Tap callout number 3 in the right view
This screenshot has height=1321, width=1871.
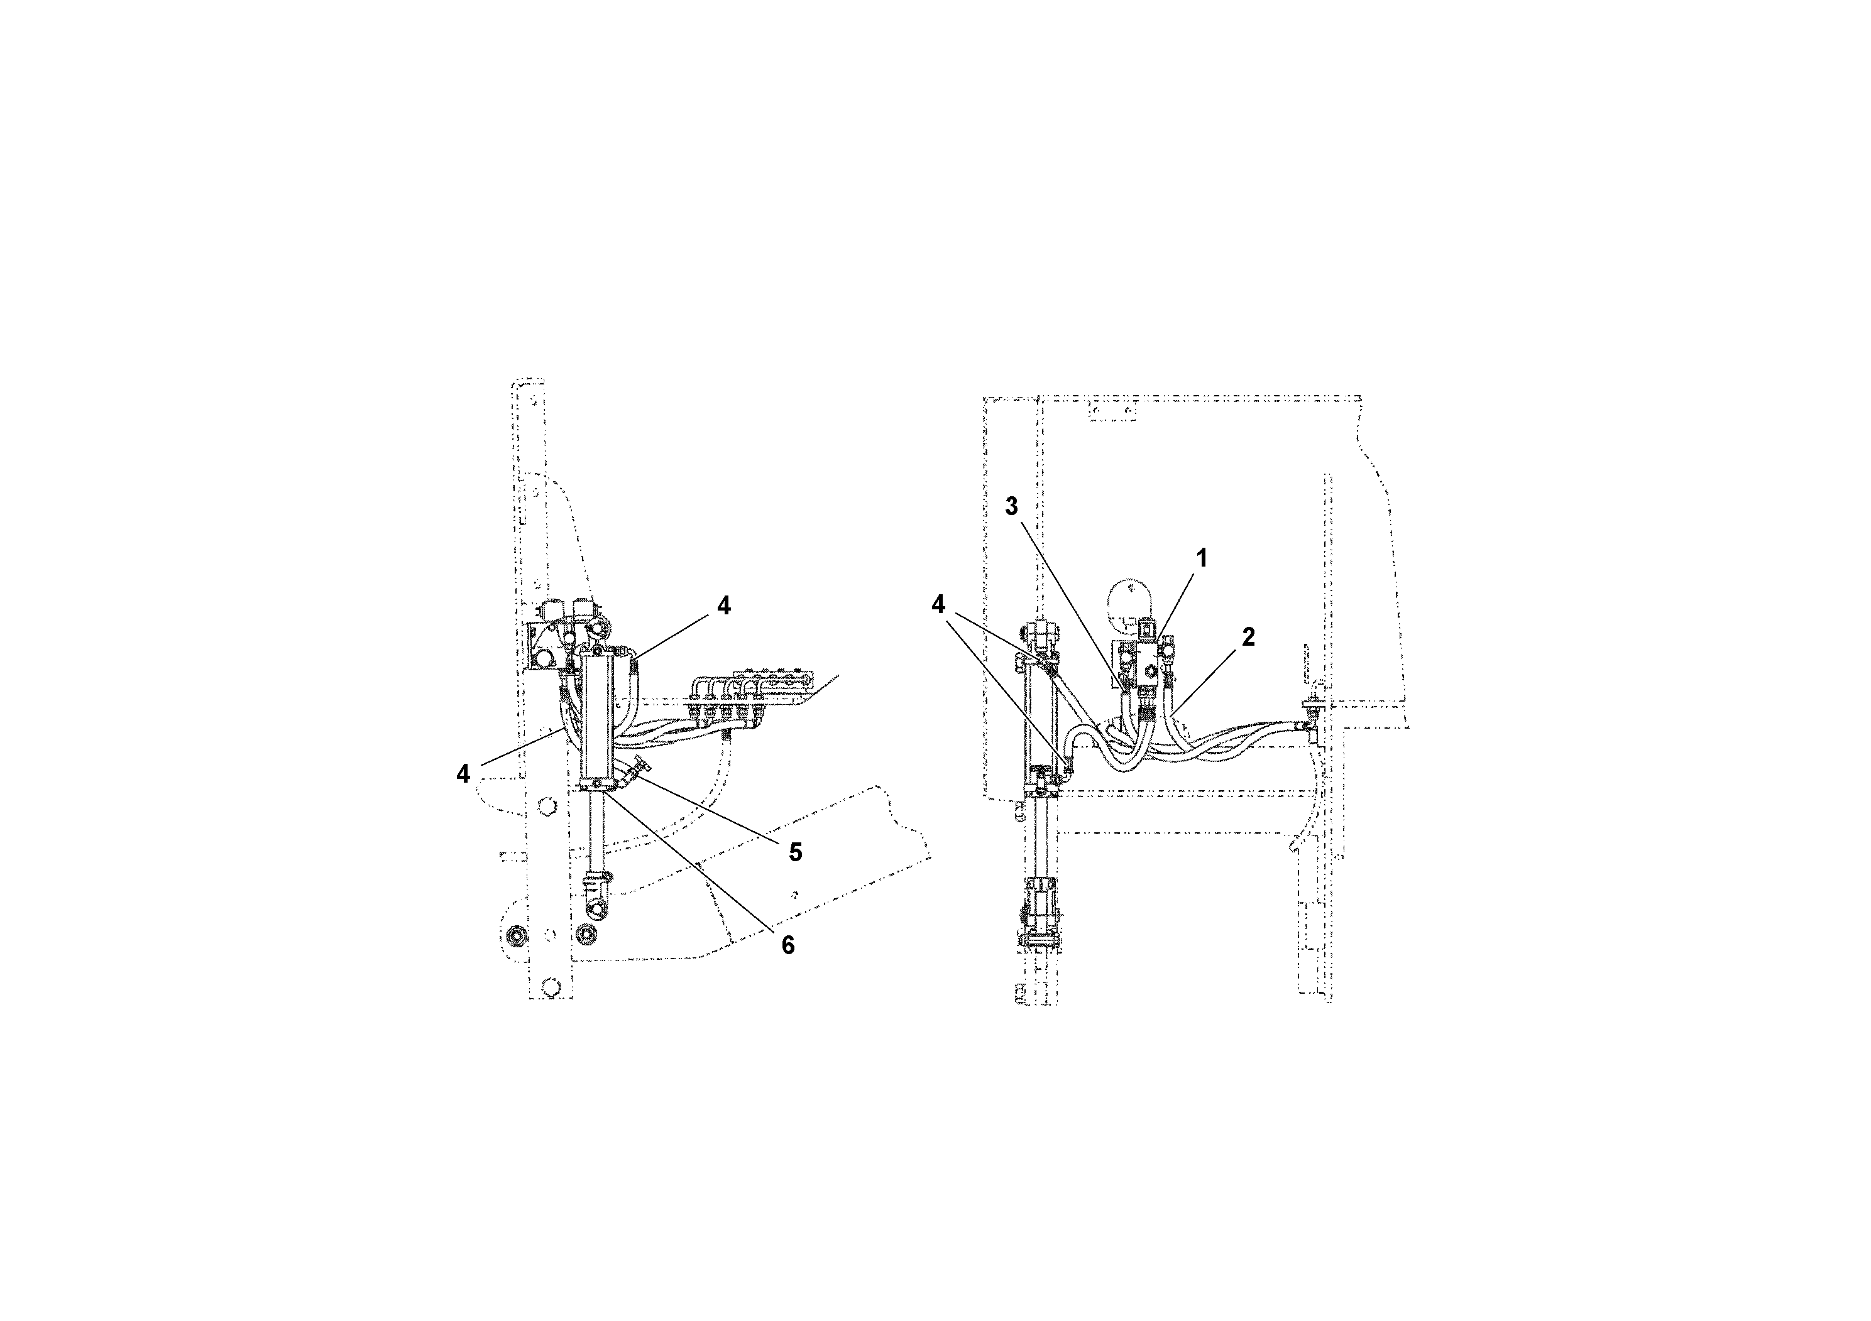[x=1011, y=506]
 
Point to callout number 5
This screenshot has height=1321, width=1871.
[x=794, y=852]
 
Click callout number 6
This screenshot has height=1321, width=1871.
[x=786, y=945]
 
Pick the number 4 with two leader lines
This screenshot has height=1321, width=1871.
[x=939, y=604]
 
